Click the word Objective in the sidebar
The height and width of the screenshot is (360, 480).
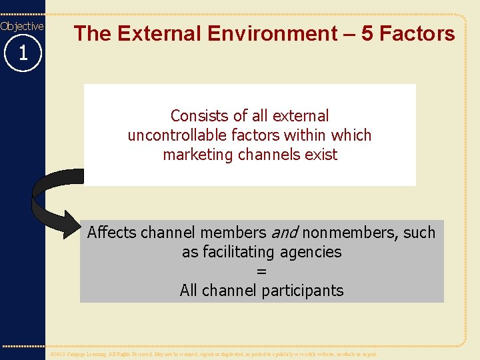(22, 26)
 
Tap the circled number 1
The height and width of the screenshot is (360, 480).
(23, 53)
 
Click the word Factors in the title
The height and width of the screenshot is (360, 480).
(419, 33)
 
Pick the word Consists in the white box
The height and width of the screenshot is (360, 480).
(197, 116)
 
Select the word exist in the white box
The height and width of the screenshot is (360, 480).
(321, 155)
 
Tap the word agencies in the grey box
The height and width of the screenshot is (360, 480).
(313, 252)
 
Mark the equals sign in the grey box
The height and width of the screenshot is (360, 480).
(261, 271)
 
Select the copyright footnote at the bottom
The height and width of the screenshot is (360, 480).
(214, 354)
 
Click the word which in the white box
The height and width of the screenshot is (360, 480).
(351, 135)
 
